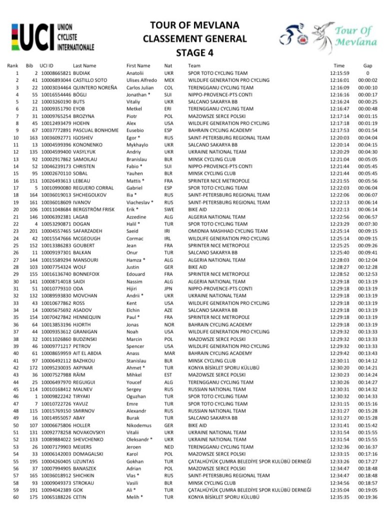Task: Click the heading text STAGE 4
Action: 194,52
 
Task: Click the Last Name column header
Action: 84,65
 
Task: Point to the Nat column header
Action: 168,65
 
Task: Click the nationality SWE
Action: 169,209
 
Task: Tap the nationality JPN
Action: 169,288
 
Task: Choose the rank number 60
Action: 16,497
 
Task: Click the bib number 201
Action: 33,231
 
